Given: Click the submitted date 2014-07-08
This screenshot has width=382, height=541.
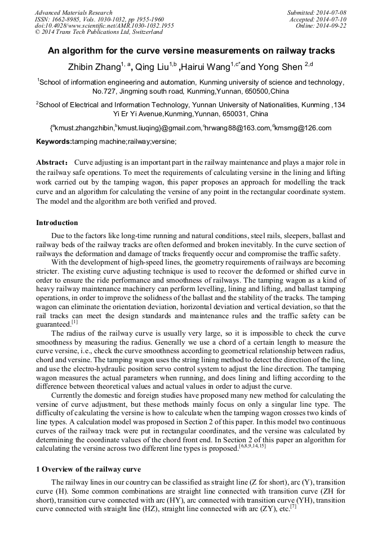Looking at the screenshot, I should [331, 12].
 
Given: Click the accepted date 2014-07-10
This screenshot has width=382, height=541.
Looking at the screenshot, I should [331, 19].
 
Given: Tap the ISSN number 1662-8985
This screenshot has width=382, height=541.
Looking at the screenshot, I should [68, 19].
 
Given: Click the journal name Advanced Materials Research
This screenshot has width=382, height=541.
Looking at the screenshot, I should [73, 12].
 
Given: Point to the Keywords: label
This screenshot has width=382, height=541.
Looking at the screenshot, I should [54, 142].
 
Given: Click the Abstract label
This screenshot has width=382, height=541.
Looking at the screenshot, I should [52, 162].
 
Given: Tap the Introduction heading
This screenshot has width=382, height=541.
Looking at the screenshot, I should [57, 222].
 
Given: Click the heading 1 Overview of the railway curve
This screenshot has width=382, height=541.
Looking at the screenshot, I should [88, 469].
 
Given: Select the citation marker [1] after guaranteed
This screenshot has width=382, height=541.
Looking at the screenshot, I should [74, 322].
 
